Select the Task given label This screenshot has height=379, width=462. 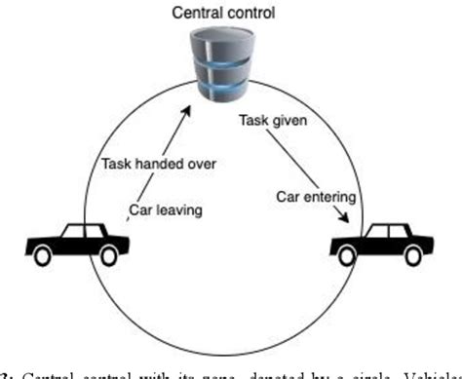[x=275, y=122]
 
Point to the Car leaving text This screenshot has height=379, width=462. [x=168, y=208]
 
